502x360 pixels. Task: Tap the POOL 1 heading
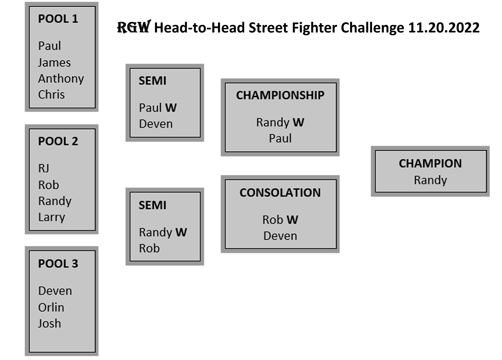tap(58, 19)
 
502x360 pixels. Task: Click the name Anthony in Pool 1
tap(61, 79)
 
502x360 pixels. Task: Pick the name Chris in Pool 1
tap(51, 95)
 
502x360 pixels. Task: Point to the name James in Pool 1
tap(54, 63)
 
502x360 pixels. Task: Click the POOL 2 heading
tap(58, 141)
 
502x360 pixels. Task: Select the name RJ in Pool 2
tap(44, 168)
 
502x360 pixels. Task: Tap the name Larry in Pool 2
tap(52, 217)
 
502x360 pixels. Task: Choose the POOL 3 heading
tap(58, 264)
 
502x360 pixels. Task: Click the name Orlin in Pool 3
tap(51, 307)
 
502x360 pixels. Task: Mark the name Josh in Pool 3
tap(49, 324)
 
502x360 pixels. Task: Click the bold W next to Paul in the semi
tap(171, 108)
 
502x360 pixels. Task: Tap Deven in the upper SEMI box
tap(156, 124)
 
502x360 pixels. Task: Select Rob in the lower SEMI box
tap(149, 248)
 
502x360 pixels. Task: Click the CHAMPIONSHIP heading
tap(280, 95)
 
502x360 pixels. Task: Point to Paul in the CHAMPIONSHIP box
tap(280, 138)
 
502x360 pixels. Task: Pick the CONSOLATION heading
tap(280, 193)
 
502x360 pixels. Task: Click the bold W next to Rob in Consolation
tap(292, 220)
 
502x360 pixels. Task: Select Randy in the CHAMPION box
tap(430, 180)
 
